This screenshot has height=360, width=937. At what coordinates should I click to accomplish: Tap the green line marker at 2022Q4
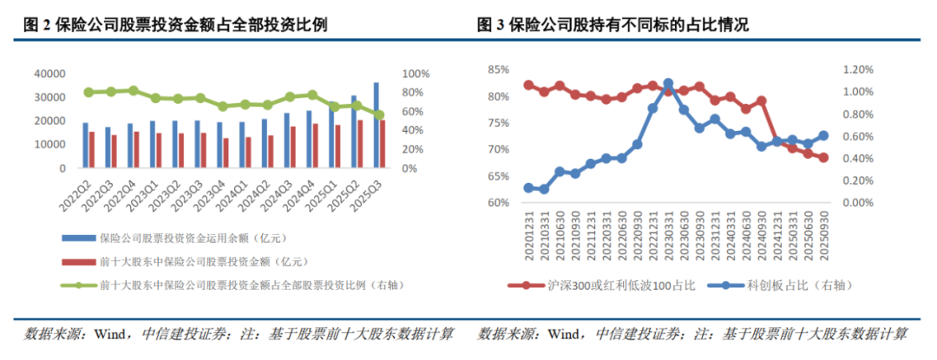click(133, 90)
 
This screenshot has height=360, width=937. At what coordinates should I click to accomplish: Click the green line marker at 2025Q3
click(379, 115)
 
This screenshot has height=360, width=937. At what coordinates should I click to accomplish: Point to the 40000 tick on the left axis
click(49, 75)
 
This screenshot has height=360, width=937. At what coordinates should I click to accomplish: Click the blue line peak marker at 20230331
click(668, 84)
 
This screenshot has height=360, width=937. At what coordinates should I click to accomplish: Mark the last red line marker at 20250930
click(822, 158)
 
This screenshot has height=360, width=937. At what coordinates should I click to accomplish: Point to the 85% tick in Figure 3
click(498, 69)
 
